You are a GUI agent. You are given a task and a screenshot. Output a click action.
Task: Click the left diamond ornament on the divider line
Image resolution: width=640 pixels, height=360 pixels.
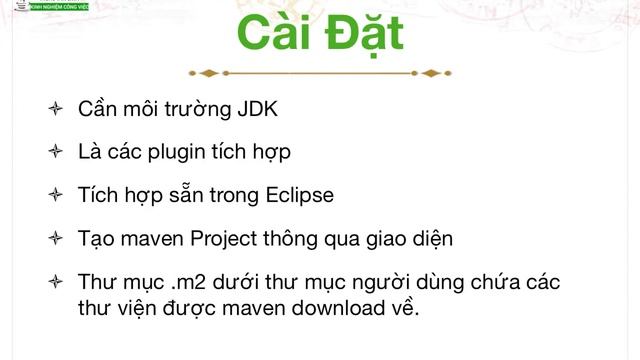pyautogui.click(x=209, y=73)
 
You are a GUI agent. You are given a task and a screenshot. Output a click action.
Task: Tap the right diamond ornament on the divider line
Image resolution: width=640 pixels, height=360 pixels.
pyautogui.click(x=431, y=73)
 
